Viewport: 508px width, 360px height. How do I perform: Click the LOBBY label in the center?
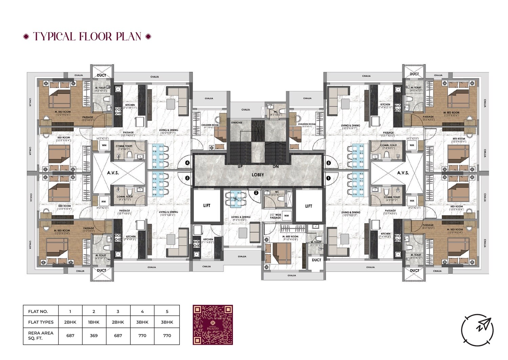click(x=257, y=175)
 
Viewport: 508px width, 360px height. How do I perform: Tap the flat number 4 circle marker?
click(x=187, y=163)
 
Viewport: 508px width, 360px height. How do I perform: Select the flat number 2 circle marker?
click(x=256, y=193)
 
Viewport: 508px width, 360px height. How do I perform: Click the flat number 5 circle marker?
click(x=328, y=163)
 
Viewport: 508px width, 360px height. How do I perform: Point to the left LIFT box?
click(x=207, y=205)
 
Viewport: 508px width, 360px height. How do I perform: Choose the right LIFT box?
click(x=309, y=206)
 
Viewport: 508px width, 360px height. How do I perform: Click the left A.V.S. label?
click(x=113, y=173)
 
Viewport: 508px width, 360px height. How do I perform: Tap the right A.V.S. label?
click(x=403, y=173)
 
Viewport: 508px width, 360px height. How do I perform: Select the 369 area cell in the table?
click(x=94, y=336)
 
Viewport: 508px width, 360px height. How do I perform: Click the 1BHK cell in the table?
click(x=94, y=322)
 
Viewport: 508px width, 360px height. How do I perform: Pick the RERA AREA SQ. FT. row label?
click(x=41, y=336)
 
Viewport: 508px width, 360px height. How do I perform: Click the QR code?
click(x=213, y=325)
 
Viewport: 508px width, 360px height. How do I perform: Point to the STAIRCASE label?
click(x=236, y=123)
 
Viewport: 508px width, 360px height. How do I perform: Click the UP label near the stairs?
click(x=240, y=167)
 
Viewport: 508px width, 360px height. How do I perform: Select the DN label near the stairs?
click(x=276, y=167)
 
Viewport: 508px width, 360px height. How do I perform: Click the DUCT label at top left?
click(x=101, y=75)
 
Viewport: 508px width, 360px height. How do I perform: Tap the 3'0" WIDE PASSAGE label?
click(x=275, y=216)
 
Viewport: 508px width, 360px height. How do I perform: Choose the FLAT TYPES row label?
click(x=41, y=322)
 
